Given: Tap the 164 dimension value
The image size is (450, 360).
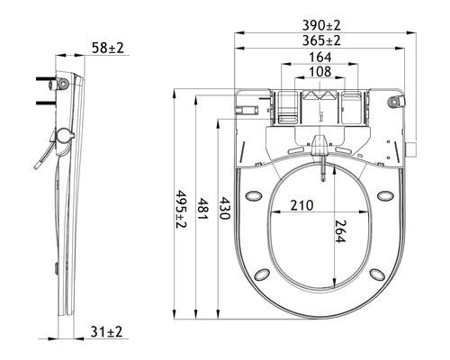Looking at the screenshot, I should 319,57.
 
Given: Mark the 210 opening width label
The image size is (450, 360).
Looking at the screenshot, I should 302,205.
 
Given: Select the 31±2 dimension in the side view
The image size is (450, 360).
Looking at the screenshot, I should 108,333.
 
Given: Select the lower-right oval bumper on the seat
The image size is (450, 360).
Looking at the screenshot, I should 378,273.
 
